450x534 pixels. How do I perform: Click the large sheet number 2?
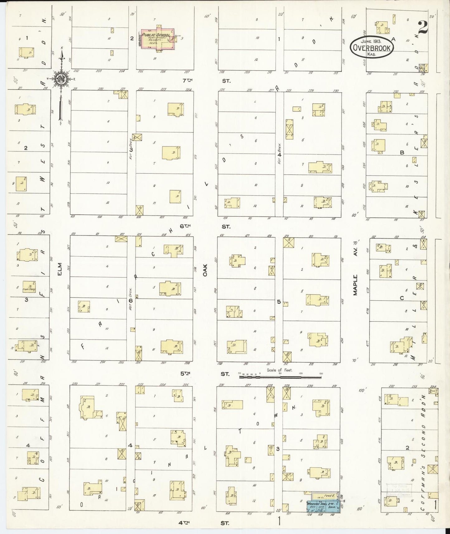point(423,27)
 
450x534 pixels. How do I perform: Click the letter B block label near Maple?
point(402,153)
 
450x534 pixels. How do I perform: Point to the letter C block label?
point(402,298)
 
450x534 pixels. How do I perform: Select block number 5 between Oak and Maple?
point(279,302)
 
